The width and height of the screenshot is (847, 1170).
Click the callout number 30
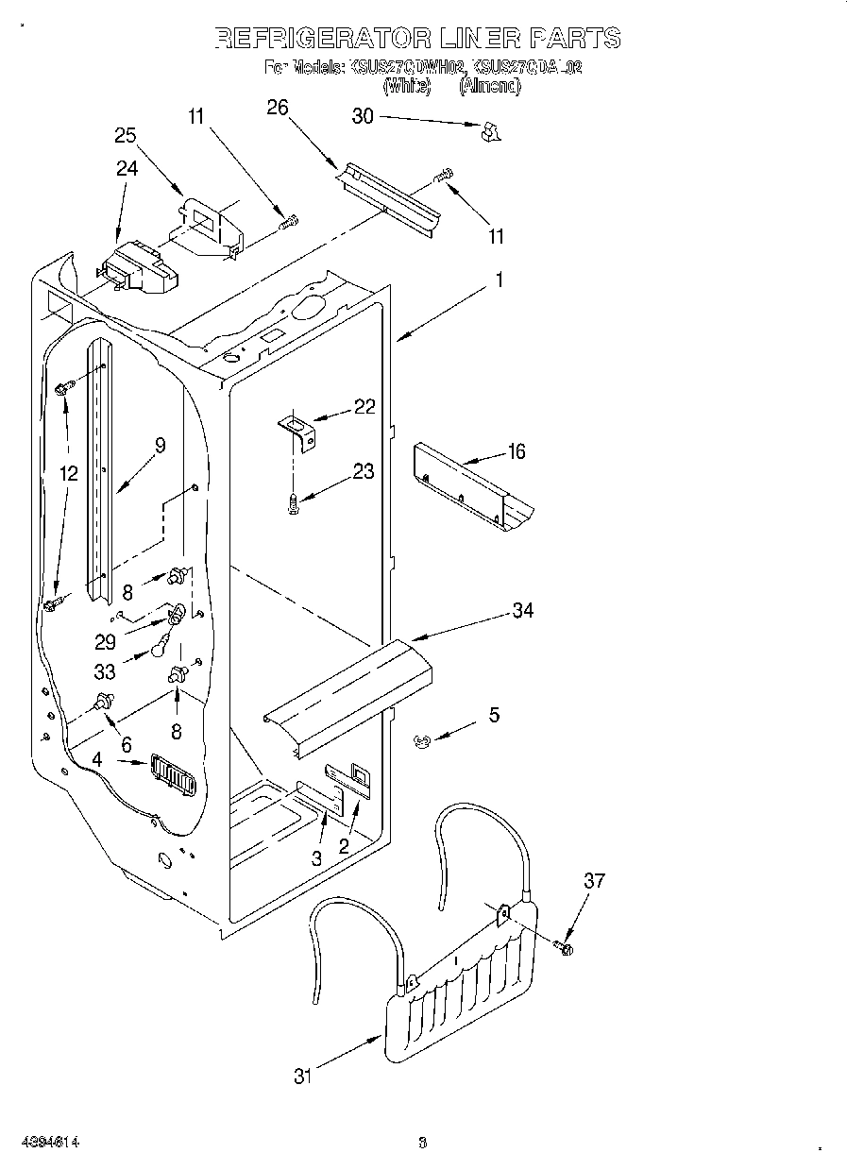pos(364,116)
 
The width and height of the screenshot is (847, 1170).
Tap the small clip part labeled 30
pos(489,133)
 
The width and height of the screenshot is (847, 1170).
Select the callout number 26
pos(277,107)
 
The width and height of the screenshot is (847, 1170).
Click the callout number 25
pos(126,135)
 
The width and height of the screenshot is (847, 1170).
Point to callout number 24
pos(127,168)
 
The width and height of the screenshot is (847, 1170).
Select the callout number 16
pos(516,451)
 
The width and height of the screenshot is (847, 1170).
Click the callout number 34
pos(522,610)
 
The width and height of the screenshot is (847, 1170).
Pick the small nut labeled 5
pos(423,742)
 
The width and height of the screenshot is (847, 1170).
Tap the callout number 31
pos(302,1075)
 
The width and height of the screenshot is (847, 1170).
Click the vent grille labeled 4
pos(171,776)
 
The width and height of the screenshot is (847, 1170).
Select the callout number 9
pos(160,445)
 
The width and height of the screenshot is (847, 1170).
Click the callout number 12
pos(67,473)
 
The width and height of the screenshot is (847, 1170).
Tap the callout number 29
pos(105,641)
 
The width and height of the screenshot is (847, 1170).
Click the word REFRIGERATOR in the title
pos(312,38)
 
